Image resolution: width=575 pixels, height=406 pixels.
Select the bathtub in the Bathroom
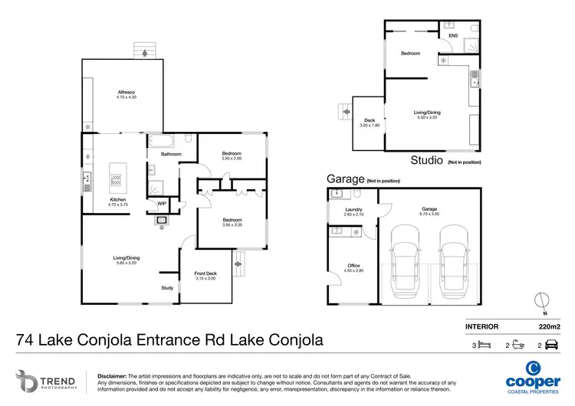point(161,141)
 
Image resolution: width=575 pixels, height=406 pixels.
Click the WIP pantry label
point(162,203)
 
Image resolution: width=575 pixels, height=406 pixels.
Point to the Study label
point(166,288)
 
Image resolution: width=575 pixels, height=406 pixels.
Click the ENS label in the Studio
point(453,35)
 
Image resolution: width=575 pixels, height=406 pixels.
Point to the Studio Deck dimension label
point(369,123)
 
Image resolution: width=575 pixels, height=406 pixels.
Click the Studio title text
point(427,161)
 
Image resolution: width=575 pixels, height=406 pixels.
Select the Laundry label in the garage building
point(353,211)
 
